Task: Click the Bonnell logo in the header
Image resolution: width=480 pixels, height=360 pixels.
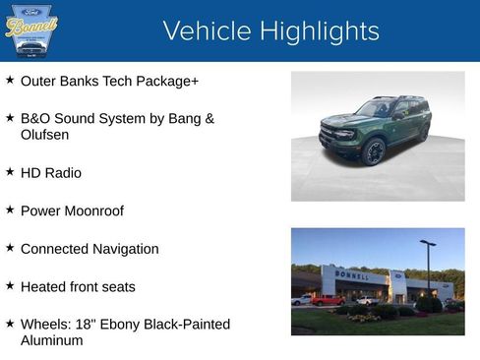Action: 31,30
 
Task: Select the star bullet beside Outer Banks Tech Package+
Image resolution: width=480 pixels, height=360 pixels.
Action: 10,80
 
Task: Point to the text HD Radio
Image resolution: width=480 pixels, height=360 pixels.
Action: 51,172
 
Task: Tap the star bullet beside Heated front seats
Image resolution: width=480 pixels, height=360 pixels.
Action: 10,286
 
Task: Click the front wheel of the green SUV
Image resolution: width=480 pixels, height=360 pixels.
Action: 373,152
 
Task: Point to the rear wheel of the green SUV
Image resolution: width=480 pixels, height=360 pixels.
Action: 424,133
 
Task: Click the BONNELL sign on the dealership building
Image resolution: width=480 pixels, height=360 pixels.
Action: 352,275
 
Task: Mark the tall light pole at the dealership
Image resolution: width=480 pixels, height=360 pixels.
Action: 429,266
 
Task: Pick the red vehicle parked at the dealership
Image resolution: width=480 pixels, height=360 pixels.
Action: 328,299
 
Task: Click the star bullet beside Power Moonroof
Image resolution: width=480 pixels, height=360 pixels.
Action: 10,210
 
